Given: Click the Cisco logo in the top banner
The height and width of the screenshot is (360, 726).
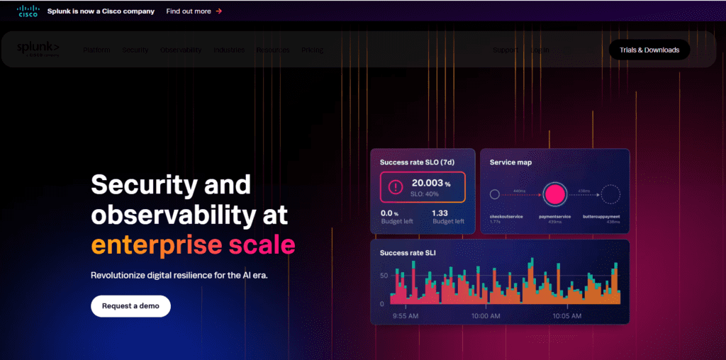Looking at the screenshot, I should (28, 11).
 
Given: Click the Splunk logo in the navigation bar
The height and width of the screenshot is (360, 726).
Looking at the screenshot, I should (38, 47).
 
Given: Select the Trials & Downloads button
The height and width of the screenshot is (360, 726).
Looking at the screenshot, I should (649, 50).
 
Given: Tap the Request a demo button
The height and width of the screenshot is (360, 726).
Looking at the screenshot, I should (130, 306).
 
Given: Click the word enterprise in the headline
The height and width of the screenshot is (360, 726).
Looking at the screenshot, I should (156, 245).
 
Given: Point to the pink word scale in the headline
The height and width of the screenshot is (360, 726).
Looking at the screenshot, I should (262, 245).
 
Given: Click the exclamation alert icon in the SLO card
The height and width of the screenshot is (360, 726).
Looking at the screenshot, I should (395, 187).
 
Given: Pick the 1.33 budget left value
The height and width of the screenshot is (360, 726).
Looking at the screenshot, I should (440, 213).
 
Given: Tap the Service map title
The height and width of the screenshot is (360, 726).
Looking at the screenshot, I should (510, 162).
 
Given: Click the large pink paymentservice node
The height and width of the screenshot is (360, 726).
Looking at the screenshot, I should (555, 193).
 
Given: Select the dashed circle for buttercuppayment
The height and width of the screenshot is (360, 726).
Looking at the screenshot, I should (610, 193).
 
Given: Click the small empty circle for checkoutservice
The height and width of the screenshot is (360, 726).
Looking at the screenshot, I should (495, 193).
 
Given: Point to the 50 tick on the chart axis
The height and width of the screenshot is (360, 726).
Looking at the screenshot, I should (384, 275).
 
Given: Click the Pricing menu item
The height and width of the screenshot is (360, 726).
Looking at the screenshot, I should (312, 50).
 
